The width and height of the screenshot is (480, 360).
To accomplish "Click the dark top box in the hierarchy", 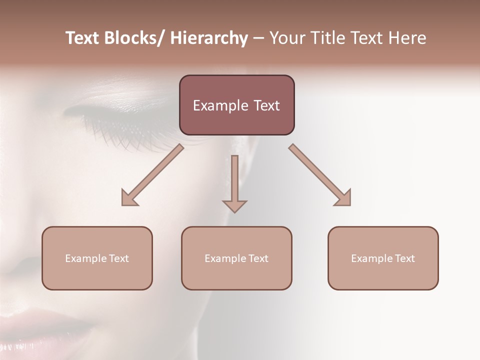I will pos(236,105).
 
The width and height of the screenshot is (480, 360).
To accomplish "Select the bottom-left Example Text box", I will pos(97,258).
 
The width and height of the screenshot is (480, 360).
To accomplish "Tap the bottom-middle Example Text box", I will pos(236,258).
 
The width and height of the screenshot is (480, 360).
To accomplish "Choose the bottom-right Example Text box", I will pos(383,258).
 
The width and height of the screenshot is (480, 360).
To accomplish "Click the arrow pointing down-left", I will pos(152,175).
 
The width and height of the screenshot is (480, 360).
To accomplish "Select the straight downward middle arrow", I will pos(234,183).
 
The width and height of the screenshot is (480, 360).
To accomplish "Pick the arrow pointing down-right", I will pos(320,175).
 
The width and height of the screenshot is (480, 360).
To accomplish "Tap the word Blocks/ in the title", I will pos(134,38).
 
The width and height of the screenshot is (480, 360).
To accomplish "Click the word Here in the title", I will pos(406,38).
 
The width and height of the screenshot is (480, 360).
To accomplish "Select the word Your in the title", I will pos(286,38).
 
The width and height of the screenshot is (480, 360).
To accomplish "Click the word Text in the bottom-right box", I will pos(404,258).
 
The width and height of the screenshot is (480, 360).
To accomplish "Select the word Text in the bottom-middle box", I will pos(258,258).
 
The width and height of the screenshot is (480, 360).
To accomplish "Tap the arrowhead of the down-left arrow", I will pos(129,199).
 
